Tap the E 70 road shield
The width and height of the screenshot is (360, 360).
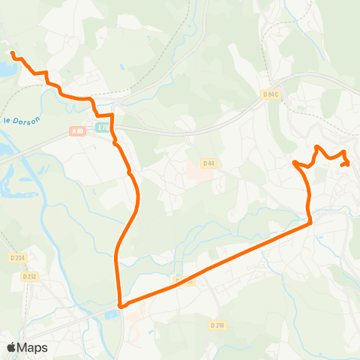[103, 128]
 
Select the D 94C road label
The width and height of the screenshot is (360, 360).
[271, 94]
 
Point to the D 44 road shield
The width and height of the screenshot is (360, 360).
[209, 163]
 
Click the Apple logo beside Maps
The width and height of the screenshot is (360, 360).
[12, 346]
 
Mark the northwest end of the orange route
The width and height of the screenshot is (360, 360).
[12, 52]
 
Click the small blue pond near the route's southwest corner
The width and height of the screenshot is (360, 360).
[112, 312]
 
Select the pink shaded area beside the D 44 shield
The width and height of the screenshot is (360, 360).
[194, 175]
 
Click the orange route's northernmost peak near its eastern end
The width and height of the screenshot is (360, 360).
[317, 146]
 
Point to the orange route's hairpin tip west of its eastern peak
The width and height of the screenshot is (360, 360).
[295, 162]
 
